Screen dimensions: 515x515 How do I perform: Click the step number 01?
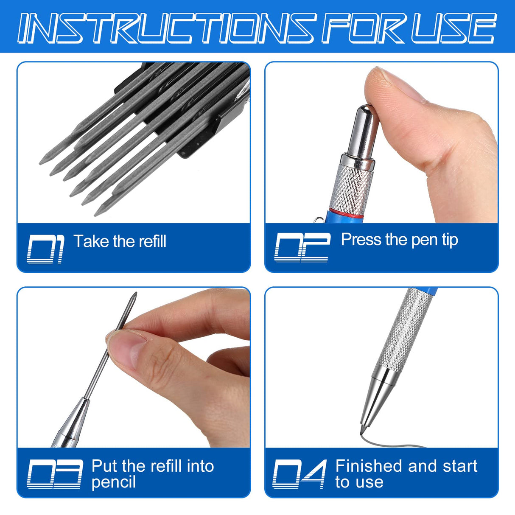[x=45, y=249]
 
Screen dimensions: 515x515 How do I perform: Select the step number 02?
[x=302, y=247]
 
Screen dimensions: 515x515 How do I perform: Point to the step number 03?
[x=55, y=474]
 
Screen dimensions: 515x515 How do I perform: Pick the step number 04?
[x=299, y=474]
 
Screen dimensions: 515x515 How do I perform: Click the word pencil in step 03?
[x=113, y=482]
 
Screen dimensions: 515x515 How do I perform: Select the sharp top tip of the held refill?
[x=134, y=294]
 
